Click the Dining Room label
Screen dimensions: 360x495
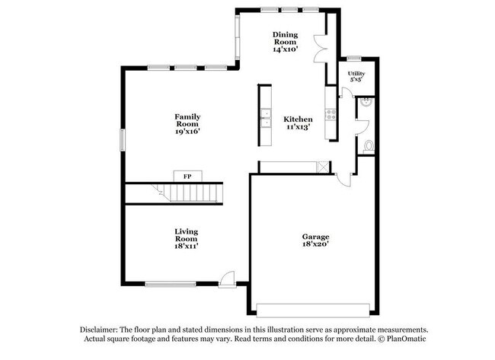[x=285, y=38]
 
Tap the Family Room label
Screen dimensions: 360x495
[x=187, y=120]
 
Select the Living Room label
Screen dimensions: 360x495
[x=186, y=234]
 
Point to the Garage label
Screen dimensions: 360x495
[x=315, y=237]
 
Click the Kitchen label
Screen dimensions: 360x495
[x=298, y=119]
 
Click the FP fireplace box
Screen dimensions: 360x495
[x=187, y=176]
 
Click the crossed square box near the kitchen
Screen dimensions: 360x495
[x=323, y=167]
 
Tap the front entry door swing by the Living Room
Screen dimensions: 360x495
[x=226, y=278]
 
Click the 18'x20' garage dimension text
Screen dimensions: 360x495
[x=315, y=246]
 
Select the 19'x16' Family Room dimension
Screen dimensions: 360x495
[x=187, y=132]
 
